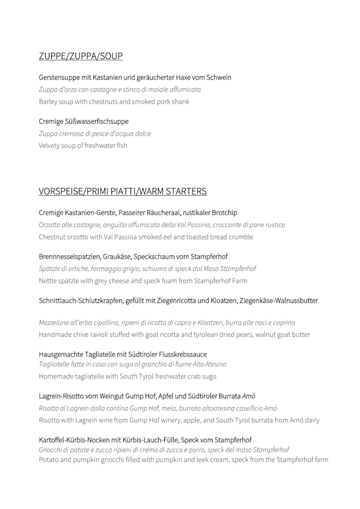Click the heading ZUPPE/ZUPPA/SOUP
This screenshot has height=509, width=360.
click(x=80, y=56)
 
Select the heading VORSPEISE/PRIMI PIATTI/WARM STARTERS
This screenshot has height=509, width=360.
click(x=123, y=191)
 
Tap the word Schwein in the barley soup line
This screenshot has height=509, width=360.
click(x=218, y=78)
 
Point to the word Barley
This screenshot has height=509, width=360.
click(x=48, y=102)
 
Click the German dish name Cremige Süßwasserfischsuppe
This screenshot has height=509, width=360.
click(x=84, y=121)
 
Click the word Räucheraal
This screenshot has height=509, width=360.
click(x=161, y=213)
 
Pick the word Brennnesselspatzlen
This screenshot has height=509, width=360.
click(x=69, y=256)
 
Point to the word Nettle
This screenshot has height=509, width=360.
click(x=48, y=281)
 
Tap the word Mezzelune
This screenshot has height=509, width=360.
click(x=55, y=323)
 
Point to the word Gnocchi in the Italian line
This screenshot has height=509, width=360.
click(x=51, y=450)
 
